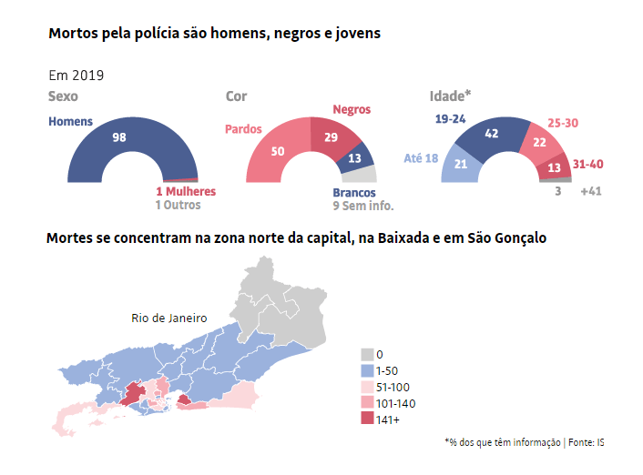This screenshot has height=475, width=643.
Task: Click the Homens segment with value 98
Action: click(118, 137)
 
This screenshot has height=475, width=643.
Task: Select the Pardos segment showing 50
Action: click(278, 150)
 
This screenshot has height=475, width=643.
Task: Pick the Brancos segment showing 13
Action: click(354, 157)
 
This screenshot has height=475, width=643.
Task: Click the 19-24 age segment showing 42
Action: click(493, 134)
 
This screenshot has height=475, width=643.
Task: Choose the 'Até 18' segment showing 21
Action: click(461, 164)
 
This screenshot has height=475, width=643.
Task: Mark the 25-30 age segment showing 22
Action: click(539, 142)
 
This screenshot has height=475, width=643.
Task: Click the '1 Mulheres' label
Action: click(186, 192)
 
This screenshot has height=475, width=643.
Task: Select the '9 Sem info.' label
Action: click(356, 206)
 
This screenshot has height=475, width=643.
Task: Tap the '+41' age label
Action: click(591, 192)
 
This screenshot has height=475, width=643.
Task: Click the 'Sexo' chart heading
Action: click(63, 96)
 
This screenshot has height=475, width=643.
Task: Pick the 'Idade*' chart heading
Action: click(450, 96)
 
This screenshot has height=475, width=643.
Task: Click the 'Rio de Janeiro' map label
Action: click(169, 318)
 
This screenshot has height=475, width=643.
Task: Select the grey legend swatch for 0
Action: click(367, 354)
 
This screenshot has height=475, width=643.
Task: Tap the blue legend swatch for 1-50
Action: click(367, 370)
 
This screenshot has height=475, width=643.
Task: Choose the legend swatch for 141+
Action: click(367, 419)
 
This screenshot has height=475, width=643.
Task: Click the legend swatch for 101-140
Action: click(367, 403)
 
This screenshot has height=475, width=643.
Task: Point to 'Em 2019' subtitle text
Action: click(76, 75)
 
